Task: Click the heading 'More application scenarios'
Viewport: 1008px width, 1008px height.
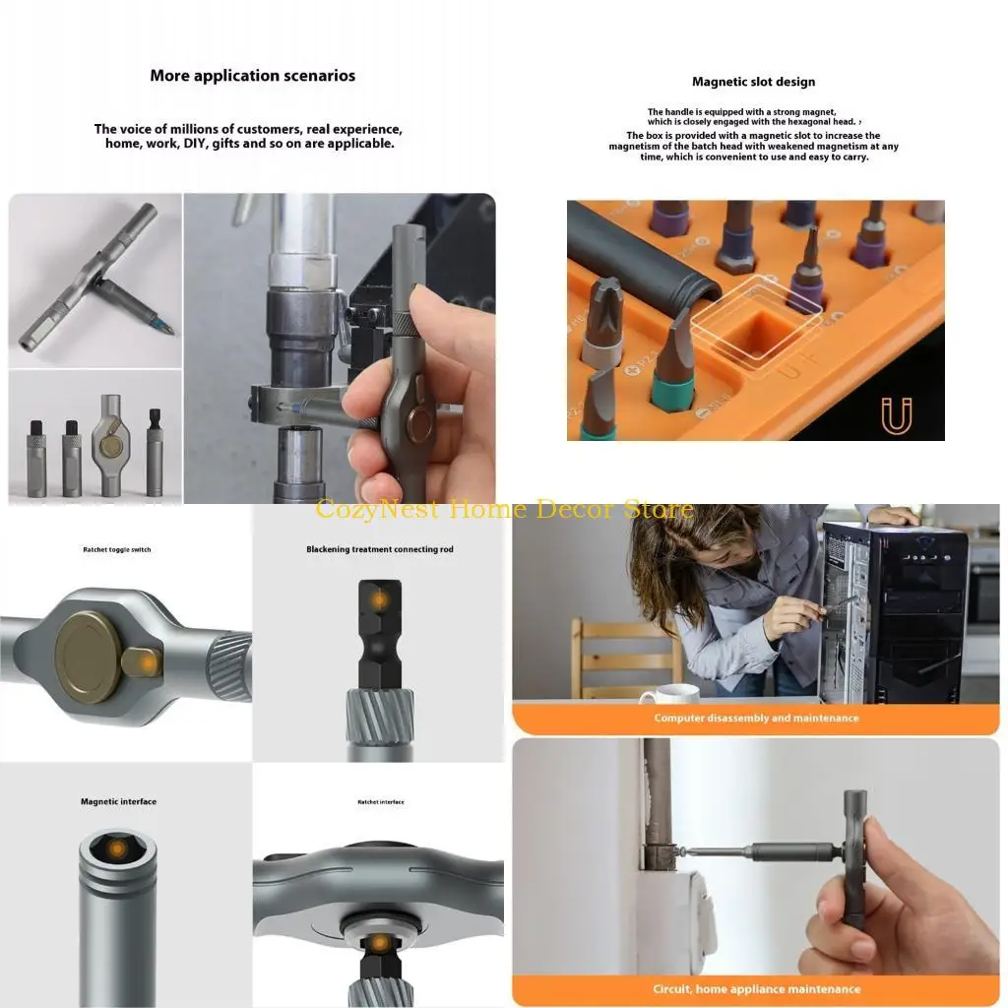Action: [x=252, y=76]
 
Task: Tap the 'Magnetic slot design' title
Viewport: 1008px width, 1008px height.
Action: [x=753, y=82]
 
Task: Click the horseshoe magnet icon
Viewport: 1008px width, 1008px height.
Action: [x=896, y=416]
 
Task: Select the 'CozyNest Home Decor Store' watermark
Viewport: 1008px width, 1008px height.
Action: [x=504, y=510]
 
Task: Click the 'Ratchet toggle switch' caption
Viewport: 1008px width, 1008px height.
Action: [x=117, y=549]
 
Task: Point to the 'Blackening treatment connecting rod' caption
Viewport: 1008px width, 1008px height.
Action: [x=379, y=549]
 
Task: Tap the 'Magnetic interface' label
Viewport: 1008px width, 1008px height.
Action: [x=118, y=801]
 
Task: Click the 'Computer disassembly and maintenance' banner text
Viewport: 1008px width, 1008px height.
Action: [x=756, y=719]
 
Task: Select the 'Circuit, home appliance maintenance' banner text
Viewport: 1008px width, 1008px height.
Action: [x=756, y=988]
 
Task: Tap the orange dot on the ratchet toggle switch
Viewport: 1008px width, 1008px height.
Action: [x=148, y=664]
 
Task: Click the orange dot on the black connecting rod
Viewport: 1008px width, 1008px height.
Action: [x=379, y=598]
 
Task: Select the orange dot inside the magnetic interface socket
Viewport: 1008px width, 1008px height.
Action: [x=118, y=849]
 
